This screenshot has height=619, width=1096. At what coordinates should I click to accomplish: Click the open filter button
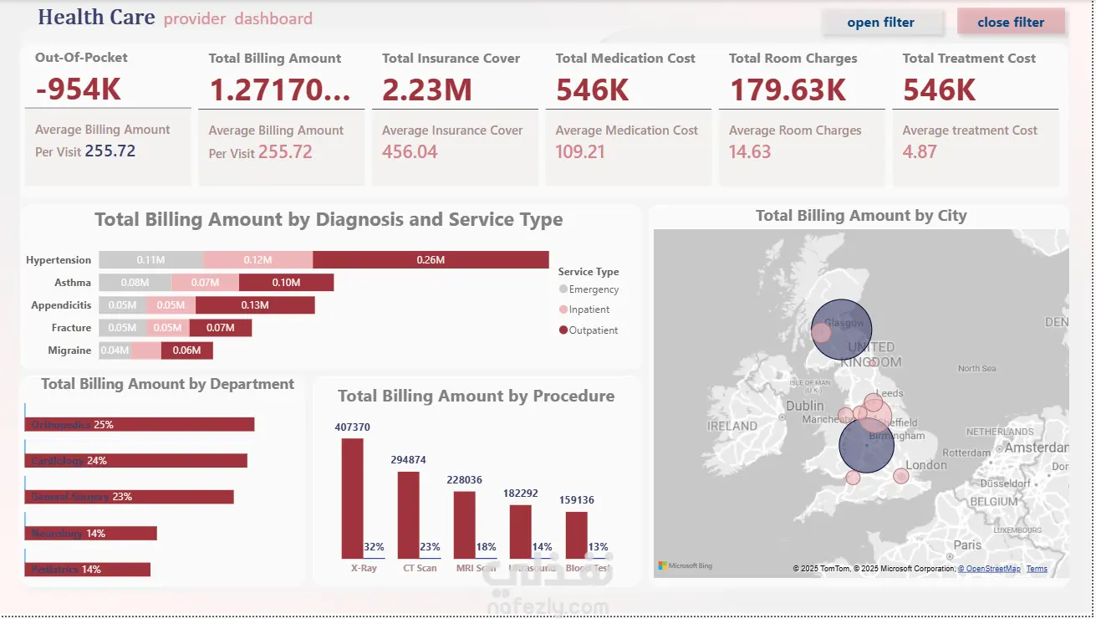[x=881, y=23]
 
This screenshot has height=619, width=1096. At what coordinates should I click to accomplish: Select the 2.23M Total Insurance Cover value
[x=427, y=90]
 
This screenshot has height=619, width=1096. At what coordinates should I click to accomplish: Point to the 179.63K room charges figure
[x=788, y=90]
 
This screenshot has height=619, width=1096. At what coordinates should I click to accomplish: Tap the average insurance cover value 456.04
[x=410, y=151]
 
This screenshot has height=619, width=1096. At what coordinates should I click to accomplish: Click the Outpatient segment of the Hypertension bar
[x=431, y=260]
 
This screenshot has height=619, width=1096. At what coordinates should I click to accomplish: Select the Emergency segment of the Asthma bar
[x=135, y=283]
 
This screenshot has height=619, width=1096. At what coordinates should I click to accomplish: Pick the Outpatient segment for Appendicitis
[x=255, y=305]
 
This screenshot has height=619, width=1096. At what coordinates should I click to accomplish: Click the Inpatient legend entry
[x=589, y=309]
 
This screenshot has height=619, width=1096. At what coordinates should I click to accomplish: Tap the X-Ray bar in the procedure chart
[x=352, y=498]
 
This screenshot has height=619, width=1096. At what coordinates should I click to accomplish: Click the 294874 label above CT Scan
[x=408, y=460]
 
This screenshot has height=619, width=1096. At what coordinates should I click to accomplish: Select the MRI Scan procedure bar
[x=464, y=524]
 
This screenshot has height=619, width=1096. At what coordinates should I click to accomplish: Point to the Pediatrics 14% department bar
[x=89, y=570]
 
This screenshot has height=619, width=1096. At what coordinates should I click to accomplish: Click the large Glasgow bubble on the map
[x=843, y=329]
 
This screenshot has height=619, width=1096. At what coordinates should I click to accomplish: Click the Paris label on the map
[x=967, y=545]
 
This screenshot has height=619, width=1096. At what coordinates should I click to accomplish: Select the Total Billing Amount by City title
[x=860, y=216]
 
